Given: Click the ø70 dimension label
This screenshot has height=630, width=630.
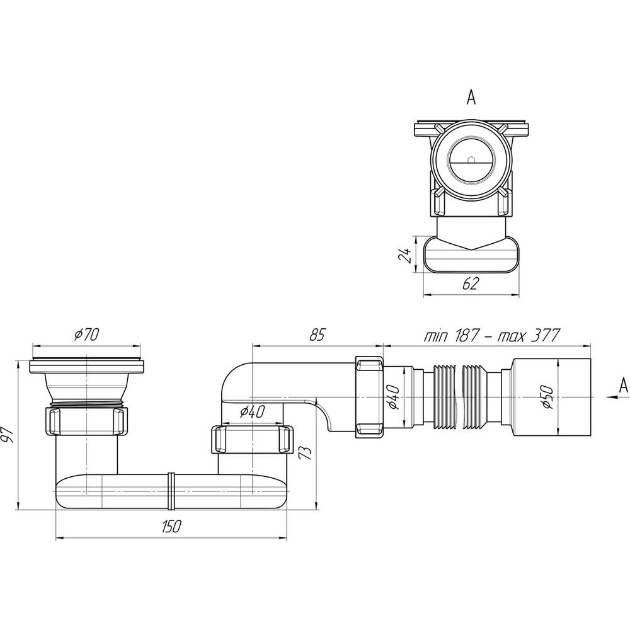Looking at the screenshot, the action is coord(86,335).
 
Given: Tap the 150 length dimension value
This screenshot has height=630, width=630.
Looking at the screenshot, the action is coord(171,526).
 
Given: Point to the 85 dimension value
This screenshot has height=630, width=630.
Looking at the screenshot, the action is coord(317,335).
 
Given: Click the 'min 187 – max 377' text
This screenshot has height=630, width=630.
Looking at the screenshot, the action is coord(492,335).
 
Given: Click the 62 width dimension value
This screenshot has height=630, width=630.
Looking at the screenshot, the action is coord(471,283).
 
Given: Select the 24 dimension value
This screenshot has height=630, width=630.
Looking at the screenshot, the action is coord(405,255).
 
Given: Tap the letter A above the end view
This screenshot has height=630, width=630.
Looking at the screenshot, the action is coord(471,97).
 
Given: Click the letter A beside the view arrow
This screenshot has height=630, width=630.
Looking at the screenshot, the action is coord(623,386).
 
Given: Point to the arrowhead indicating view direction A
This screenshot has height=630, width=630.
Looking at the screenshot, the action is coord(611,397).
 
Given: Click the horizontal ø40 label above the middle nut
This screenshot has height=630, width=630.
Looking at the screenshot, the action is coord(253,411).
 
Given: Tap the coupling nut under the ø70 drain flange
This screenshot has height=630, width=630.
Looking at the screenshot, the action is coord(86,420).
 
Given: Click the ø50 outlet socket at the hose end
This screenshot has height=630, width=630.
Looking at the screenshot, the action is coord(551,397).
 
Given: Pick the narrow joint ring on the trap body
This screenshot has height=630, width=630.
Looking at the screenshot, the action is coord(171,491).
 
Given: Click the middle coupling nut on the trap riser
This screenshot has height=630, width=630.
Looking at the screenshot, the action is coord(252,440).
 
